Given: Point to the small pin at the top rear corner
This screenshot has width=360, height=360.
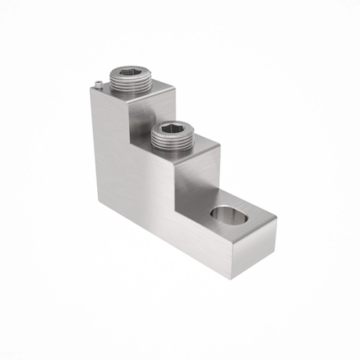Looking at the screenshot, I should [x=97, y=86].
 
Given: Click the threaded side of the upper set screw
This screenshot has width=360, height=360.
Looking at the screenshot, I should [x=128, y=86].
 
